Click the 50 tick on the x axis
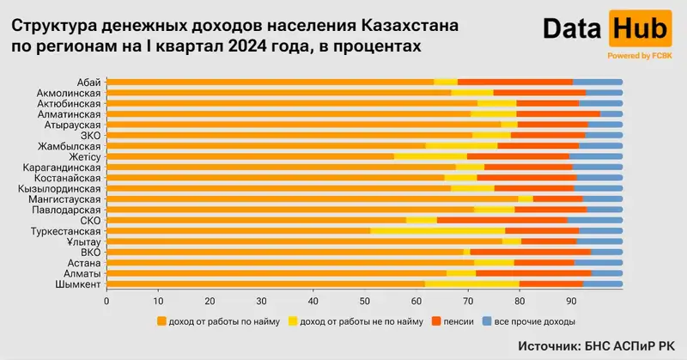pyautogui.click(x=364, y=301)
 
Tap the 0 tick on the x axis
pyautogui.click(x=106, y=301)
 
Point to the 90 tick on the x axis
pyautogui.click(x=570, y=301)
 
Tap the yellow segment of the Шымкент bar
pyautogui.click(x=471, y=284)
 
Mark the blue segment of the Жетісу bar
pyautogui.click(x=596, y=156)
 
